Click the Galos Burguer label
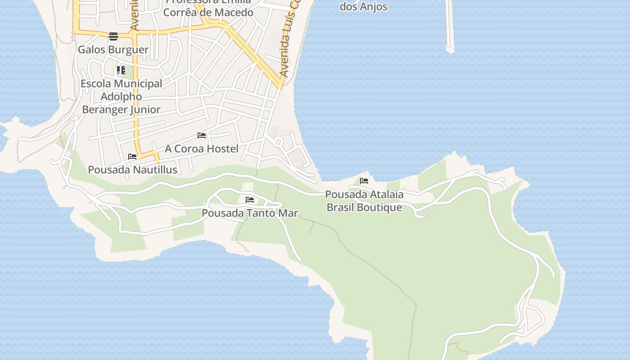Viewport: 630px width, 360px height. point(113,49)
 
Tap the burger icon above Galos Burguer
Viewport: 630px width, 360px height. point(113,36)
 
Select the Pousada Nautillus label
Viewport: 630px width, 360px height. point(132,170)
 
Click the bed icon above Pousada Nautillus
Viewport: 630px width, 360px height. point(132,157)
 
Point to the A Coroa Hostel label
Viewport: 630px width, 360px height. point(201,148)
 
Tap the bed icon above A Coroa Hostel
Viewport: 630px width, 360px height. point(202,135)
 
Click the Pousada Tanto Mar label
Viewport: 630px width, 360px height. point(250,213)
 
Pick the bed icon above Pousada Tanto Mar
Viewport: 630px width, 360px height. point(250,200)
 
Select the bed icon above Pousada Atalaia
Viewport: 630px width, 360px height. point(364,181)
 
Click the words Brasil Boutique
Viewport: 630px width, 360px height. point(364,207)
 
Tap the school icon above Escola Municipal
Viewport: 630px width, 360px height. point(121,70)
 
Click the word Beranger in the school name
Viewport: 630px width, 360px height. point(105,109)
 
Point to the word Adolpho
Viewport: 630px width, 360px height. point(121,96)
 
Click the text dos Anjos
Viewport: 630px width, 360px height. point(363,7)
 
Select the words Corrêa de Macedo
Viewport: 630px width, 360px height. point(208,13)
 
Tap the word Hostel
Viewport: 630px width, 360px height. point(220,148)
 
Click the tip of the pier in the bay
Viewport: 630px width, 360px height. point(450,49)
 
